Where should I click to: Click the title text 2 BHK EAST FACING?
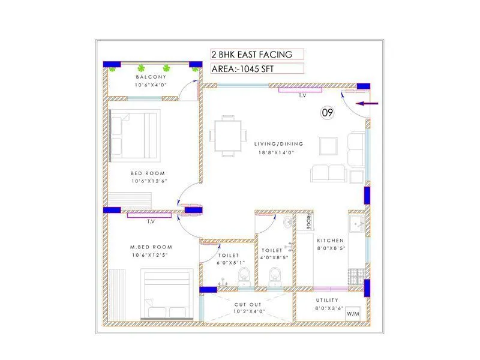point(251,55)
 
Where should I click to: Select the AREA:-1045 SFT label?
point(242,69)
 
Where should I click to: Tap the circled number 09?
point(327,112)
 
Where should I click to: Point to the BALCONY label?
point(151,77)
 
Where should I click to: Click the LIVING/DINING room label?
point(278,144)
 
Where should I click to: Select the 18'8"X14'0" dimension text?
point(278,152)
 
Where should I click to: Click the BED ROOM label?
point(148,173)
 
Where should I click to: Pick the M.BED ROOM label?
point(151,247)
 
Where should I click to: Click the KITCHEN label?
point(331,239)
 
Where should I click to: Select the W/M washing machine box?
point(353,314)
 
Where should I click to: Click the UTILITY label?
point(327,300)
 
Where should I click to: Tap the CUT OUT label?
point(247,305)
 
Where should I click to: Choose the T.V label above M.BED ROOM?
point(151,221)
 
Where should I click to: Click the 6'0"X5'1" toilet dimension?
point(229,263)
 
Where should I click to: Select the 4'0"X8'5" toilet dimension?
point(275,258)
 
